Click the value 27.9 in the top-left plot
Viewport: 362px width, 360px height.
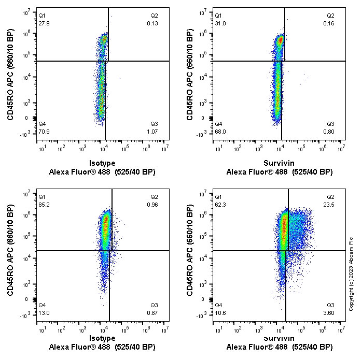44,22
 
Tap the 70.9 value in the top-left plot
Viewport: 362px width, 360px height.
44,131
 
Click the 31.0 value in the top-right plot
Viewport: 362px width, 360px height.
220,22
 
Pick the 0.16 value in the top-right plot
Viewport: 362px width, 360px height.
330,22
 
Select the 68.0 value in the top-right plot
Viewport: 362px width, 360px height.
220,131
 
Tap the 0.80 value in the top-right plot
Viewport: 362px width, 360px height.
330,131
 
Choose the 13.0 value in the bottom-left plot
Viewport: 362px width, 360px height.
44,312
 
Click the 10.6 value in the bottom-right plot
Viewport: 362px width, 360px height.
220,312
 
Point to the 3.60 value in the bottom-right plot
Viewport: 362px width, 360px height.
330,312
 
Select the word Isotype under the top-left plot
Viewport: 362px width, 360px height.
102,163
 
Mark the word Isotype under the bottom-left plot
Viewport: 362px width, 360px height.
102,338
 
